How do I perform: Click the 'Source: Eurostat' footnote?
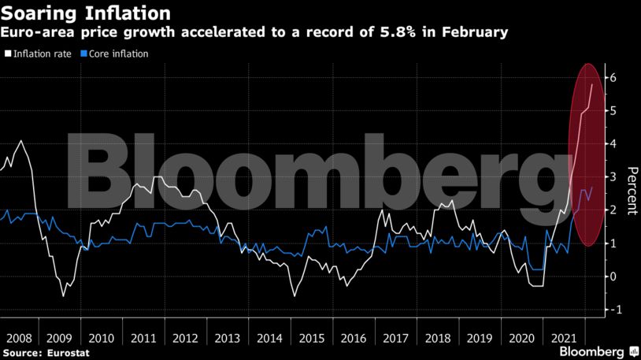(x=45, y=354)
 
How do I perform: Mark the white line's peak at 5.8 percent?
(x=592, y=84)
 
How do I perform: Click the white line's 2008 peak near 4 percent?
(x=20, y=141)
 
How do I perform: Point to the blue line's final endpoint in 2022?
(x=592, y=187)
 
